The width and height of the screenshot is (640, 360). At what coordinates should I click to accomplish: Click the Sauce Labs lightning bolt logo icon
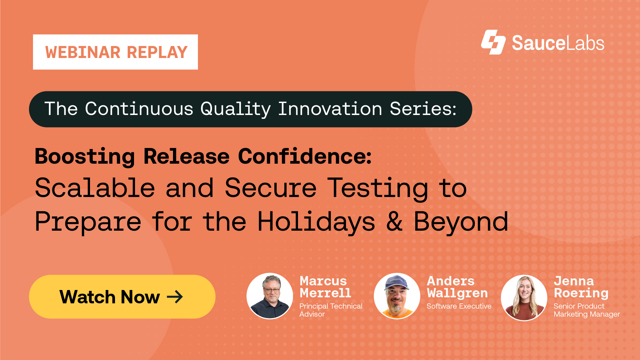493,42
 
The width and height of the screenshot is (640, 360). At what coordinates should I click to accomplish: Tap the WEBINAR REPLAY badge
115,52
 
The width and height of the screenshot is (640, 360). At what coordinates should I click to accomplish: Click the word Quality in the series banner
235,109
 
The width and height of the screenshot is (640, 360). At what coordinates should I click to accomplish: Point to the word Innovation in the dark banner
330,109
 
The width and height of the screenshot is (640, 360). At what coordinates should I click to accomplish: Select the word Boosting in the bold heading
85,156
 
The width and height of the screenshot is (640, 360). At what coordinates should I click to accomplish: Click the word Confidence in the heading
305,156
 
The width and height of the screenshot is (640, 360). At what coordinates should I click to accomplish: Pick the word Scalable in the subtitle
95,188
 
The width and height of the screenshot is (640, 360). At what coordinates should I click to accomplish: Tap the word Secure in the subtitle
270,188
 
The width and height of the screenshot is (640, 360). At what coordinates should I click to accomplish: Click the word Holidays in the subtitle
316,222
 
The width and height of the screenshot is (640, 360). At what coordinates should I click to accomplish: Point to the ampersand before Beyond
394,222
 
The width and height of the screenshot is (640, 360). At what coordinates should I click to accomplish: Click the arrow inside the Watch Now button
175,297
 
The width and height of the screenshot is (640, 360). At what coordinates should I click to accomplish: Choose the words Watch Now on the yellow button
110,297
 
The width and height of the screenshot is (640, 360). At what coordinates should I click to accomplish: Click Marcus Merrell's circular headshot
270,296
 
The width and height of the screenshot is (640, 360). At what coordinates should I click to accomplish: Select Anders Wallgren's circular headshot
397,296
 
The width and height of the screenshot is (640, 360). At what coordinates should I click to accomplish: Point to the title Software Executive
459,306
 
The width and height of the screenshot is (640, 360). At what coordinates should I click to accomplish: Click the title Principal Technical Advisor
330,310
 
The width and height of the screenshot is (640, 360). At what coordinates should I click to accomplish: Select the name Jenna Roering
581,287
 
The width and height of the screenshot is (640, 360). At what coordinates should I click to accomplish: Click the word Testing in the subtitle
377,189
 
